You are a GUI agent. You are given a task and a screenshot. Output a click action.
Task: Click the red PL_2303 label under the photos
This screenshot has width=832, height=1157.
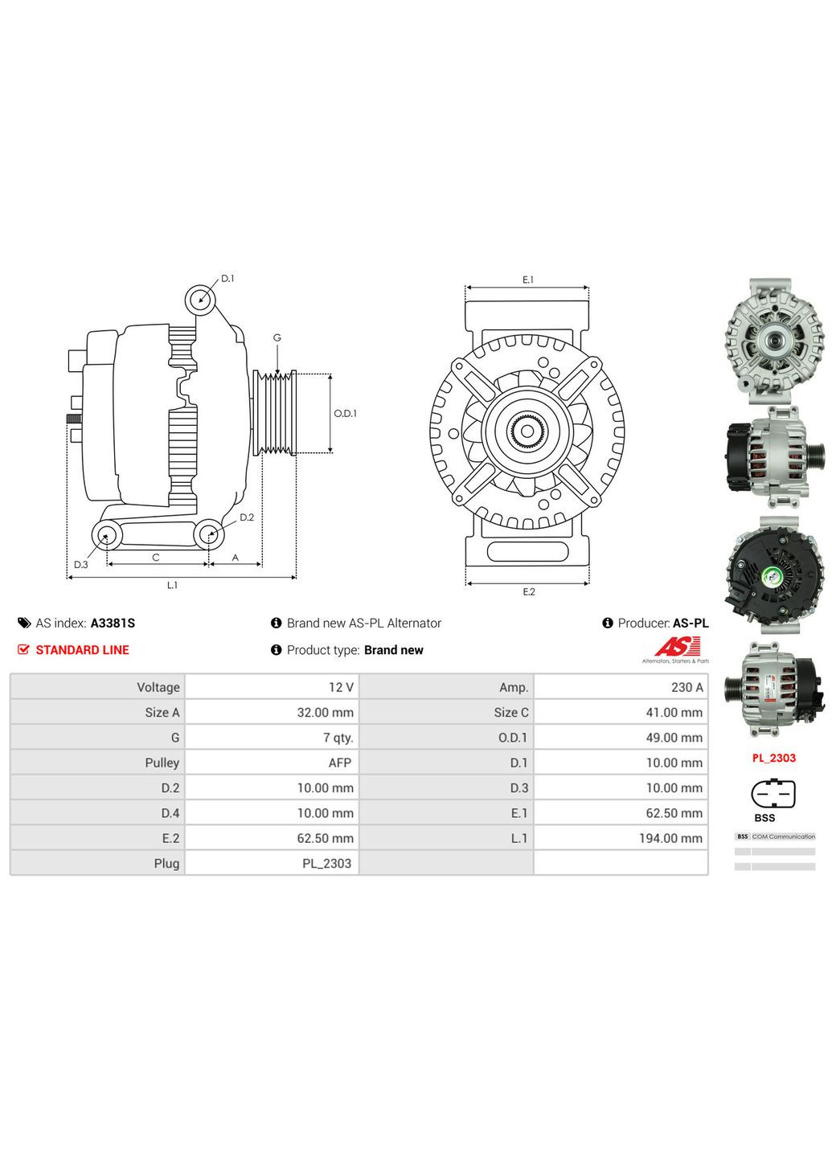click(773, 758)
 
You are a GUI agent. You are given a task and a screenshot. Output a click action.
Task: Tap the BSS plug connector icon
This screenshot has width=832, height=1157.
click(773, 795)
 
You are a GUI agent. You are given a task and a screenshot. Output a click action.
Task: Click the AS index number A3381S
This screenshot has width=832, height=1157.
click(113, 623)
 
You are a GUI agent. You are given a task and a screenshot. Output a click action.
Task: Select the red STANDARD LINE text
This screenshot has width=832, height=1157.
click(82, 650)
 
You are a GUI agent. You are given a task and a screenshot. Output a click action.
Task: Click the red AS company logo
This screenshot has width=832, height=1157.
click(678, 647)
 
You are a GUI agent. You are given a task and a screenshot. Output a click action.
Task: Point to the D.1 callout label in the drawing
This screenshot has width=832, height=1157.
click(227, 279)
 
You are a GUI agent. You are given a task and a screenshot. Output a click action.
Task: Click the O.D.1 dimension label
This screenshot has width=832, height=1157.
click(345, 414)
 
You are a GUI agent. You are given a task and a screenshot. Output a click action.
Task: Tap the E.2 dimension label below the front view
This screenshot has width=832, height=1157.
click(528, 592)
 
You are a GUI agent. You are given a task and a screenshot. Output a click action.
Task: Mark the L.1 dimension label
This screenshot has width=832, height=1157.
click(172, 586)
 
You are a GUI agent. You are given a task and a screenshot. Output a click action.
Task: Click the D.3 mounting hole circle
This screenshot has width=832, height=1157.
click(105, 535)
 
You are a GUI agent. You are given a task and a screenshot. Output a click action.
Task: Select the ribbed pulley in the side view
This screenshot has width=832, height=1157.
click(275, 413)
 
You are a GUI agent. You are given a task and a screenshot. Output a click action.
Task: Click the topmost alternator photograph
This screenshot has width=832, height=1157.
click(774, 340)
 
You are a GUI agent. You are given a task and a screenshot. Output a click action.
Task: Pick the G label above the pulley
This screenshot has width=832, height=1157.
click(277, 338)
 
